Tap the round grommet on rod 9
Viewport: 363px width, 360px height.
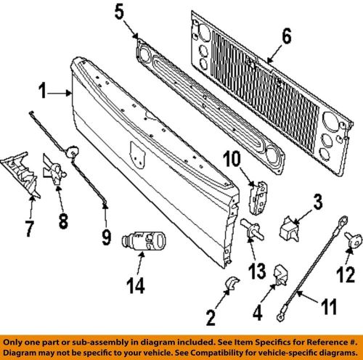click(72, 152)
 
